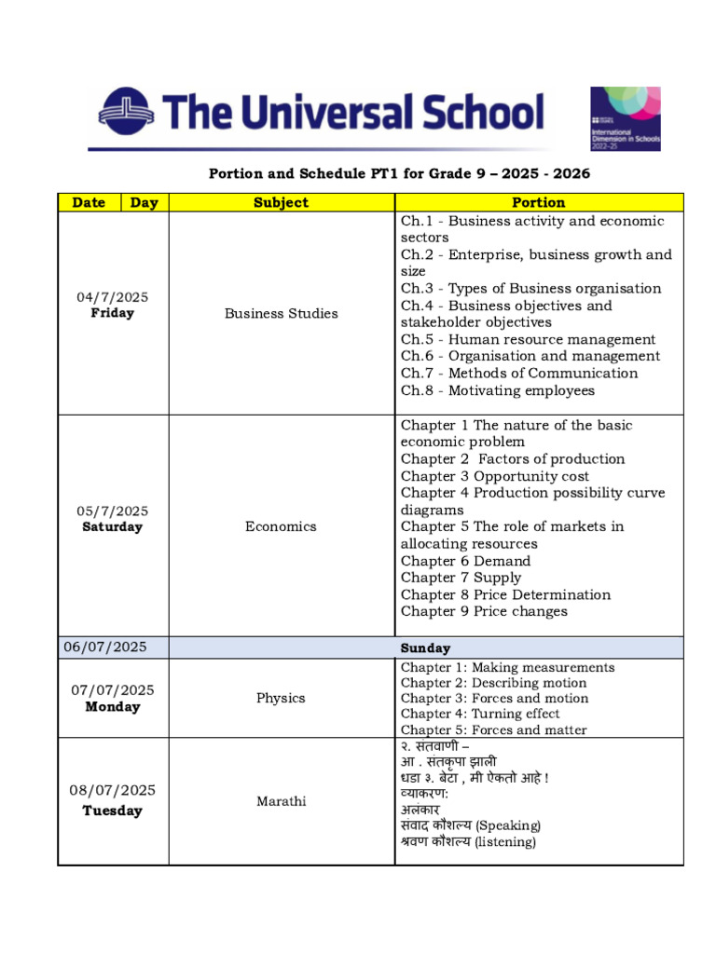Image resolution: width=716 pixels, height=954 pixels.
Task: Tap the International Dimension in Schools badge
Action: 626,118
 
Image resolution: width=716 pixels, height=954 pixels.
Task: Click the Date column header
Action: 89,202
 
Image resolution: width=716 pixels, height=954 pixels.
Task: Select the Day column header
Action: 144,202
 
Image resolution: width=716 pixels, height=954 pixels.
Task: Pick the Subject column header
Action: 281,202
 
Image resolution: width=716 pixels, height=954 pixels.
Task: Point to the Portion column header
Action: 538,202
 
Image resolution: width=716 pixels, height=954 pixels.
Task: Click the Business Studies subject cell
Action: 281,313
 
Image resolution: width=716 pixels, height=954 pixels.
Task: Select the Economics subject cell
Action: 281,526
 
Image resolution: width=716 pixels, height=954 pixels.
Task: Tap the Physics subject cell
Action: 281,698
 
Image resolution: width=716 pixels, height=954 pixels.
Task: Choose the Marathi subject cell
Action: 281,801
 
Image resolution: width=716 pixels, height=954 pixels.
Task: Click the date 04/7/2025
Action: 112,296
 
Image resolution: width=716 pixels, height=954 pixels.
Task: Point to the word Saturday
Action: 112,526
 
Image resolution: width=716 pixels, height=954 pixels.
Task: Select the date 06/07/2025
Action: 104,647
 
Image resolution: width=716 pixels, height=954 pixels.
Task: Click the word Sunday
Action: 425,647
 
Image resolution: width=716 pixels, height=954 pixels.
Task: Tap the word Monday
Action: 112,706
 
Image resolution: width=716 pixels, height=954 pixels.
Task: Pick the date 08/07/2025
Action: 112,790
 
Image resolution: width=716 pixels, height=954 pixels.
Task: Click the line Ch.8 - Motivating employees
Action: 497,390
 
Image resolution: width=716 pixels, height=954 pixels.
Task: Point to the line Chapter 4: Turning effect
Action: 480,714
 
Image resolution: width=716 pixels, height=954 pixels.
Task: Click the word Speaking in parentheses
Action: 508,825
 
